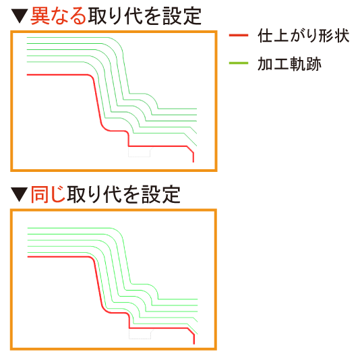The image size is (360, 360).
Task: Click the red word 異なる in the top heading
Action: click(59, 16)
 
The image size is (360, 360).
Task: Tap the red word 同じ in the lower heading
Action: click(49, 194)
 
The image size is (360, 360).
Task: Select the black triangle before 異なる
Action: click(20, 16)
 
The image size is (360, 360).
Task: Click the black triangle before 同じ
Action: click(20, 195)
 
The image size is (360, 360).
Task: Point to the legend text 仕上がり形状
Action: click(303, 36)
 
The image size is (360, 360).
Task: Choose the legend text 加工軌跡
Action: click(289, 64)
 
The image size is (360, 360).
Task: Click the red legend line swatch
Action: click(239, 35)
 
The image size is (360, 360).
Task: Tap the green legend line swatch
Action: click(239, 63)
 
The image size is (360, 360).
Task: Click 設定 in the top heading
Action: click(182, 16)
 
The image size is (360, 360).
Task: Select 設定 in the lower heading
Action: click(160, 194)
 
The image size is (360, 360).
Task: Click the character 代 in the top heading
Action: click(133, 16)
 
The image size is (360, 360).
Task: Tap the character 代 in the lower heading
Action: click(113, 194)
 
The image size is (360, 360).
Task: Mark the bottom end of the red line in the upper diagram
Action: click(193, 162)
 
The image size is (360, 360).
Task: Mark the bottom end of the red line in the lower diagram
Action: click(194, 344)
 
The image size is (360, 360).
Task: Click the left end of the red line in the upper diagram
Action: click(27, 75)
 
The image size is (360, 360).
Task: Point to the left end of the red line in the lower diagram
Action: click(28, 257)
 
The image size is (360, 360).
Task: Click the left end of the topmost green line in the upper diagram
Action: click(27, 37)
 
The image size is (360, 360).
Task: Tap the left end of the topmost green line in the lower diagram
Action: click(28, 228)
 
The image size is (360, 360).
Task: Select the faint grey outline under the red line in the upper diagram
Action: click(139, 156)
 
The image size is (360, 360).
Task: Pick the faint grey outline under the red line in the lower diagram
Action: click(140, 338)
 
